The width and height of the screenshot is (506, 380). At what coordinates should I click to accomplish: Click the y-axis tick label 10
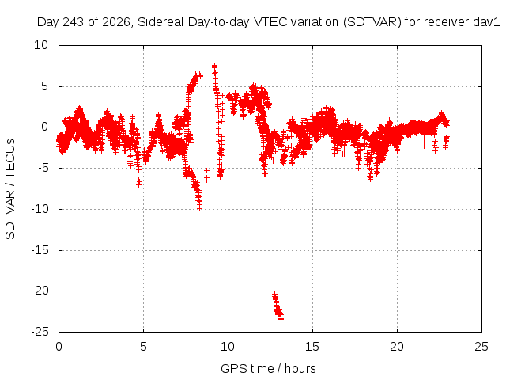point(41,45)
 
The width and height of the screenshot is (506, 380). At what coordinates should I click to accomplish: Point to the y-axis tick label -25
point(40,332)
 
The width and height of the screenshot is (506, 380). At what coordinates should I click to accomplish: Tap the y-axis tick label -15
point(40,250)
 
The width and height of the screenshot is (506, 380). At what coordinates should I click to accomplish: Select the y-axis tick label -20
point(40,291)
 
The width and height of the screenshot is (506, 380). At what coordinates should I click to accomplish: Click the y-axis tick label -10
point(40,209)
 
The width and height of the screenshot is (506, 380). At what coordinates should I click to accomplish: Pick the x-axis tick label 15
point(312,347)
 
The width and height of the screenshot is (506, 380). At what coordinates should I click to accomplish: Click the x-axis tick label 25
point(481,347)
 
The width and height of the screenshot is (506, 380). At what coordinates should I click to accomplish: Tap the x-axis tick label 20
point(397,347)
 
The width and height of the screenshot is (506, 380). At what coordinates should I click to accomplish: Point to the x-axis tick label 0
point(59,347)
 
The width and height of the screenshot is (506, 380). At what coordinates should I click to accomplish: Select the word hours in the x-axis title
point(300,369)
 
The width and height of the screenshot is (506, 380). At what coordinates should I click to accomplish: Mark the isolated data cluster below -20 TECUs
point(278,306)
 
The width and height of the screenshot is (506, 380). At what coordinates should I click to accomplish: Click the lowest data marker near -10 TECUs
point(200,208)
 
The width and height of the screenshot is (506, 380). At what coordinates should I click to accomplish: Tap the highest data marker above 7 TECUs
point(214,66)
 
